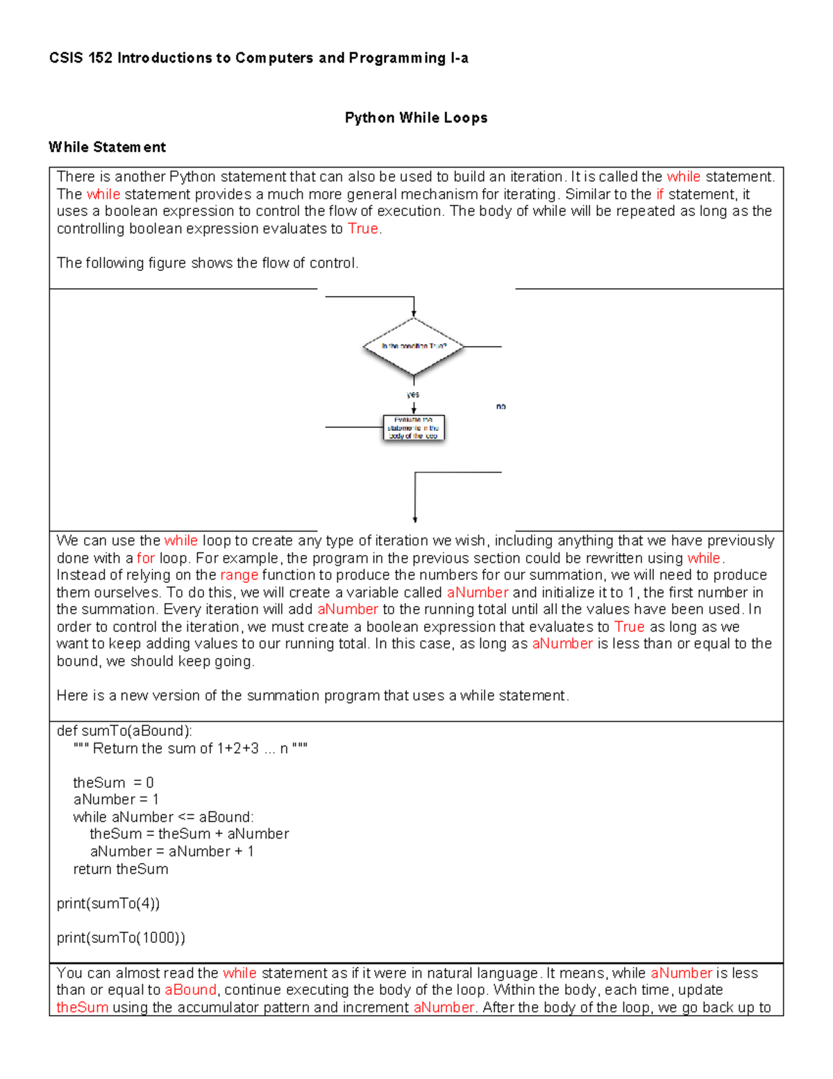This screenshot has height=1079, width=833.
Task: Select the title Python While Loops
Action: pyautogui.click(x=416, y=118)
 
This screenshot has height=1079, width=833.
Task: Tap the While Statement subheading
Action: pyautogui.click(x=107, y=147)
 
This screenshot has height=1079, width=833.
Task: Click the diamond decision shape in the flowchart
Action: pyautogui.click(x=414, y=346)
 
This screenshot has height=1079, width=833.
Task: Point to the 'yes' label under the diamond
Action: pyautogui.click(x=413, y=395)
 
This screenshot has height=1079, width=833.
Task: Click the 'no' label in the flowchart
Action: pyautogui.click(x=501, y=406)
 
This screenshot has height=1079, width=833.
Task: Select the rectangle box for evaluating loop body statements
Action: pyautogui.click(x=414, y=428)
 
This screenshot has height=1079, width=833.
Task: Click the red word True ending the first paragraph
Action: pyautogui.click(x=362, y=229)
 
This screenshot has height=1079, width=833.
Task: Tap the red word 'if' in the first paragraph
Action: pyautogui.click(x=659, y=195)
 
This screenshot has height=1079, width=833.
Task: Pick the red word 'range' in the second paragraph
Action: pyautogui.click(x=239, y=575)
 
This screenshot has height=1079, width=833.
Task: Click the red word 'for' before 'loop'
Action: pyautogui.click(x=145, y=558)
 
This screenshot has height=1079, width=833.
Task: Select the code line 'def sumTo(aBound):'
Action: pyautogui.click(x=125, y=731)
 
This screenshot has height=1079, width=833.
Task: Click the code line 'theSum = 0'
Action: pyautogui.click(x=113, y=782)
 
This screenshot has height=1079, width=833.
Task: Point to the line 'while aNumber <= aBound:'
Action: pyautogui.click(x=163, y=817)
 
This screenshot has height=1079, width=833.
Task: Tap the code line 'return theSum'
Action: pyautogui.click(x=121, y=869)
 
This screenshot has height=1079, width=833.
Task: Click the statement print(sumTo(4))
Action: pyautogui.click(x=108, y=903)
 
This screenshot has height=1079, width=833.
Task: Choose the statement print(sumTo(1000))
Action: pyautogui.click(x=121, y=938)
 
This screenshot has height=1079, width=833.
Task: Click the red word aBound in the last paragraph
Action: pyautogui.click(x=190, y=990)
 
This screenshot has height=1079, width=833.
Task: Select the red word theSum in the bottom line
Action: pyautogui.click(x=82, y=1007)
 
